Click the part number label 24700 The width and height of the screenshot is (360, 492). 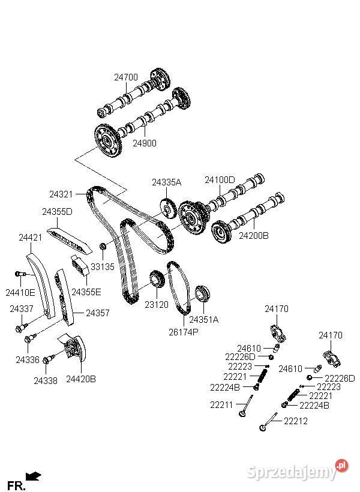[x=126, y=77]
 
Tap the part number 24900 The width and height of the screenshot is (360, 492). [x=145, y=143]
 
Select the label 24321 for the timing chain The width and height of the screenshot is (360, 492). [x=61, y=194]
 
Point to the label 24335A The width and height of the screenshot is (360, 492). [x=166, y=182]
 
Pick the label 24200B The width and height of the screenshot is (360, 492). [x=254, y=236]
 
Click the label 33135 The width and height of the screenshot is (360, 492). [x=102, y=266]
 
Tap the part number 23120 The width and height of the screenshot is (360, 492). [x=157, y=305]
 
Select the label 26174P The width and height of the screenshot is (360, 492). [x=183, y=331]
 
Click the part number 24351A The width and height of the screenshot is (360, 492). [x=204, y=319]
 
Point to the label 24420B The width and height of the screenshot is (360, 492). [x=81, y=379]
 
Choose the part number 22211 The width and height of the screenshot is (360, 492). [x=221, y=405]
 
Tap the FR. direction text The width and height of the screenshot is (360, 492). [x=16, y=485]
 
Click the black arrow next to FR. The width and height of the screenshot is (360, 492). [x=34, y=476]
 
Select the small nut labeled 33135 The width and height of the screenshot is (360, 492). [x=103, y=247]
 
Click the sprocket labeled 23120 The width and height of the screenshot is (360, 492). [x=157, y=279]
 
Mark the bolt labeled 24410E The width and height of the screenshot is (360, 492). [x=20, y=275]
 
